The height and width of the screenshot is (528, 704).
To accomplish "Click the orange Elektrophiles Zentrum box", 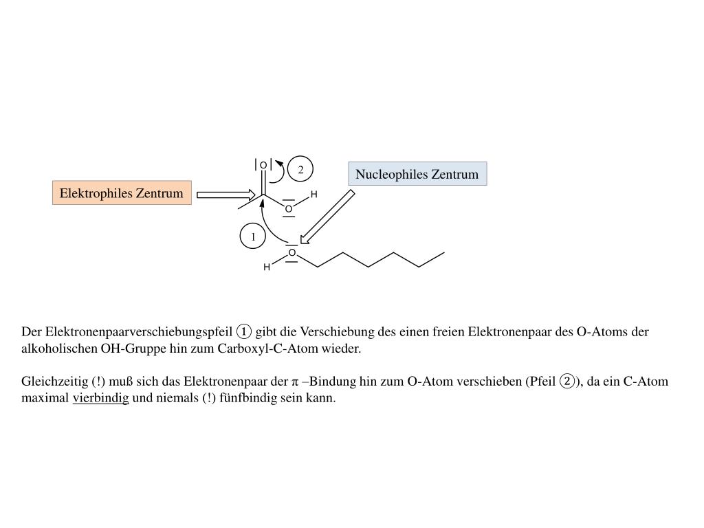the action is pyautogui.click(x=122, y=193).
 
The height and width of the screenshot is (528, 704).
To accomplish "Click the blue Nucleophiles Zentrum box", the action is pyautogui.click(x=417, y=174).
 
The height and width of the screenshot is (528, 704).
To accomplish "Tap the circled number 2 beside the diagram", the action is pyautogui.click(x=300, y=169).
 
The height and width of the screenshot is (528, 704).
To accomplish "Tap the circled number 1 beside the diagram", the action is pyautogui.click(x=253, y=237).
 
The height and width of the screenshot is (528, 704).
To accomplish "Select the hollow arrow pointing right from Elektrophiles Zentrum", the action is pyautogui.click(x=225, y=195).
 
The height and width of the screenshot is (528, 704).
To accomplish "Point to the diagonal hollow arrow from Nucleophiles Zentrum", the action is pyautogui.click(x=327, y=217).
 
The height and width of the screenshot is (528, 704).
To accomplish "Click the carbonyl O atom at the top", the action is pyautogui.click(x=263, y=166).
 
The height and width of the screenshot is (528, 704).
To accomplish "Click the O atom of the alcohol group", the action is pyautogui.click(x=291, y=253).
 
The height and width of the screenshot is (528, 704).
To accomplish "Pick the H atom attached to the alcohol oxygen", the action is pyautogui.click(x=267, y=267).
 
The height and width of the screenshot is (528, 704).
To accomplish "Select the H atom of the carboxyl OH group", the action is pyautogui.click(x=313, y=195).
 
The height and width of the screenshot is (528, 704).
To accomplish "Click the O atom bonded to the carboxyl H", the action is pyautogui.click(x=289, y=208).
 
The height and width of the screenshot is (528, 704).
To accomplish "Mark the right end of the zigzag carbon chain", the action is pyautogui.click(x=443, y=253).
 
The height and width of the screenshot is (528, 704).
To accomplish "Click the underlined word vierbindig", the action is pyautogui.click(x=100, y=399).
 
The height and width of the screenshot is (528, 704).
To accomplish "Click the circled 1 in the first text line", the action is pyautogui.click(x=244, y=332).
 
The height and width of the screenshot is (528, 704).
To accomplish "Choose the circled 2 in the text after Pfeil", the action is pyautogui.click(x=567, y=382).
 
